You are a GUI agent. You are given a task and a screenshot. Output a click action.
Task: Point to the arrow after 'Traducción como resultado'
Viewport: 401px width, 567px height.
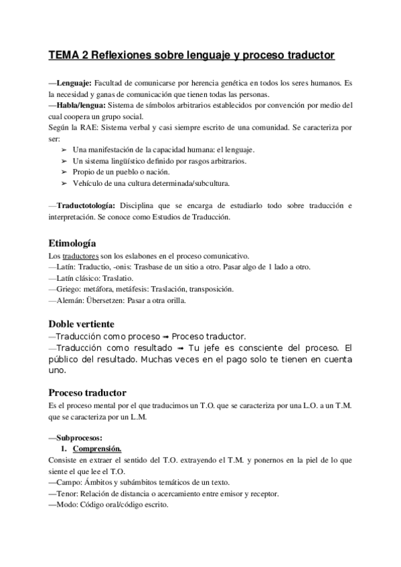coord(179,348)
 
